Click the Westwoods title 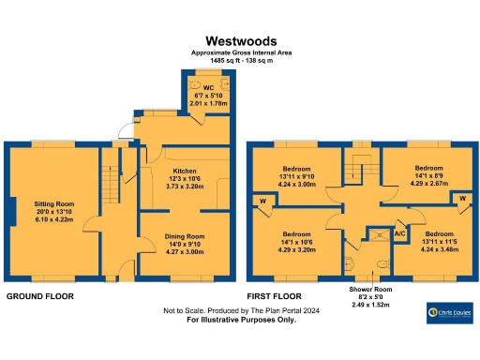click(240, 41)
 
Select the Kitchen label click(184, 171)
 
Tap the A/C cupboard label click(399, 232)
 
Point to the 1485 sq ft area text click(240, 61)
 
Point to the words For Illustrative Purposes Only click(241, 320)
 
